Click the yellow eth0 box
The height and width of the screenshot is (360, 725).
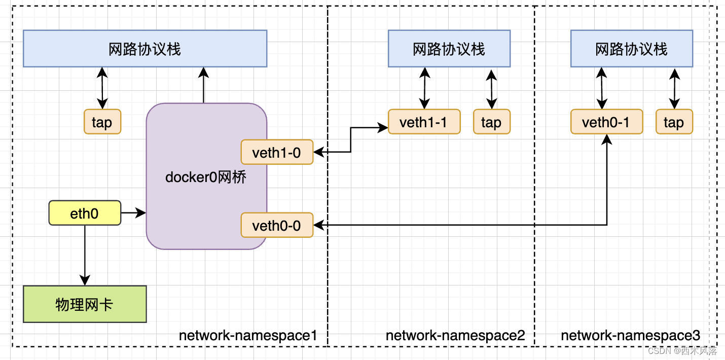coord(85,213)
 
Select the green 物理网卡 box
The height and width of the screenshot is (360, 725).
coord(85,304)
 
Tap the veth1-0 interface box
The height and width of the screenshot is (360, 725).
coord(277,152)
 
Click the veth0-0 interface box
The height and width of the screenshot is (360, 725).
coord(277,225)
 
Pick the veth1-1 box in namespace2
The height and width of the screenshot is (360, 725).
coord(424,122)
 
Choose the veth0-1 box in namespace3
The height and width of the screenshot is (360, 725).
coord(606,122)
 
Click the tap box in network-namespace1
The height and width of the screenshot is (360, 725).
coord(102,122)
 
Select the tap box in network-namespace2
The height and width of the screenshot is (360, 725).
coord(491,122)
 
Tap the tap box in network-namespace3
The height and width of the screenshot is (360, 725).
coord(674,122)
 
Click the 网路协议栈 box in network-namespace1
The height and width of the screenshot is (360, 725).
coord(145,49)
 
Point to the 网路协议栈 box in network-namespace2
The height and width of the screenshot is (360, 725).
coord(449,49)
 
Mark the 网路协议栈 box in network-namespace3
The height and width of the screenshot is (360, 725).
coord(632,49)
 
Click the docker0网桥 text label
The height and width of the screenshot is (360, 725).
coord(206,177)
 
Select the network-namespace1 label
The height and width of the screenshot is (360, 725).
coord(248,336)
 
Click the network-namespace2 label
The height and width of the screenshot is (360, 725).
coord(455,336)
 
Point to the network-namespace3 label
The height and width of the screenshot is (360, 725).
coord(630,336)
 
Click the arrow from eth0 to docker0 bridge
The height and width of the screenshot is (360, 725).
coord(133,213)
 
